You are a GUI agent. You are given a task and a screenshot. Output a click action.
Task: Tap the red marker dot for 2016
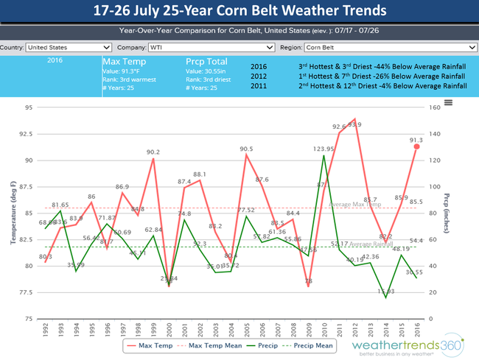click(416, 147)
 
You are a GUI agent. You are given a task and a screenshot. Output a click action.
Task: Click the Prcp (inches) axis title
click(447, 213)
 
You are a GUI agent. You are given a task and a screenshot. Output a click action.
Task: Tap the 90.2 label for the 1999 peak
click(153, 152)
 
